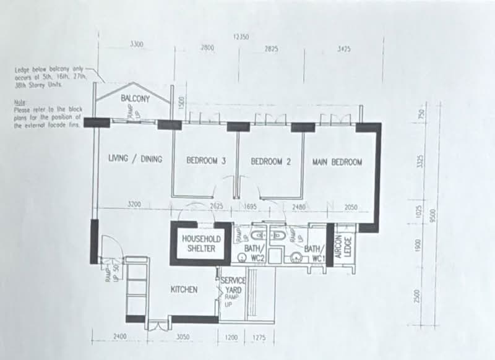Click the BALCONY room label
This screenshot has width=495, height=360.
tap(136, 98)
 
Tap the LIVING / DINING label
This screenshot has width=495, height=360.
tap(135, 160)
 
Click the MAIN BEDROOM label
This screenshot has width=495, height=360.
tap(337, 161)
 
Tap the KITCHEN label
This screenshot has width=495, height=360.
tap(184, 289)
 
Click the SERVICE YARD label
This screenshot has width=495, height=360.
tap(233, 285)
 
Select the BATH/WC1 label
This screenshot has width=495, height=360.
tap(315, 253)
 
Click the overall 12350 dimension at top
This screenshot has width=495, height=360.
tap(241, 37)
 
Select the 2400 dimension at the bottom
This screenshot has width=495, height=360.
tap(119, 336)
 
